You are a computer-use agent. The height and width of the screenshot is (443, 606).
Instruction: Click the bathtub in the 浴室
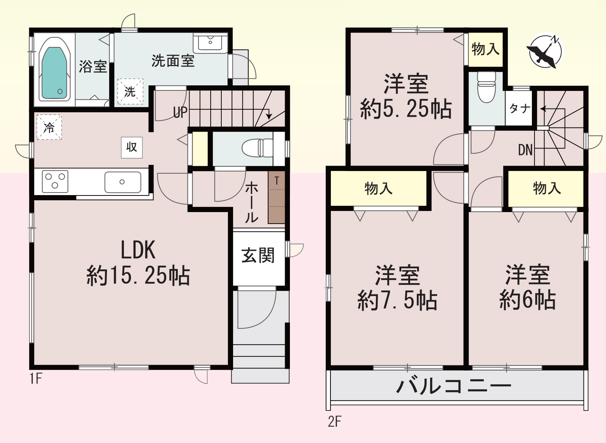point(55,73)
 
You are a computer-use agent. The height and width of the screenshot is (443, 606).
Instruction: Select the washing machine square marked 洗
point(130,91)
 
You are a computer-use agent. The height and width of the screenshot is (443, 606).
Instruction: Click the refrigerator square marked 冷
point(49,127)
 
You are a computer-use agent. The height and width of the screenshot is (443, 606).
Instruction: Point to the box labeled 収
point(132,147)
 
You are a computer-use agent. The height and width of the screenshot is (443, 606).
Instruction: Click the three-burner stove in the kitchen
point(55,181)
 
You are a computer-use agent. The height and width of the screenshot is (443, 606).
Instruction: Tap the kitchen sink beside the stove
point(122,182)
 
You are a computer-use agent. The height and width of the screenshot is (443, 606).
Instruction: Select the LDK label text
point(138,250)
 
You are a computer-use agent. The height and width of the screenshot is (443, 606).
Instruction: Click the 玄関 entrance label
point(258,255)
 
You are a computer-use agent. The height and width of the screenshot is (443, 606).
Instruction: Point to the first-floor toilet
point(257,148)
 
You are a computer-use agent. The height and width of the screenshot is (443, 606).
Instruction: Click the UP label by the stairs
point(180,112)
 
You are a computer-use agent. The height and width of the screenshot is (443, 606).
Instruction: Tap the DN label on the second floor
point(525,150)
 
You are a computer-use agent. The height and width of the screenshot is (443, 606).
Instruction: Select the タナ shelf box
point(519,108)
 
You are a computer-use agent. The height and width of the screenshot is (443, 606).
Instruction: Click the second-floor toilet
point(486,87)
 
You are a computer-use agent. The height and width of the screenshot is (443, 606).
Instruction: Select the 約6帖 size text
point(527,300)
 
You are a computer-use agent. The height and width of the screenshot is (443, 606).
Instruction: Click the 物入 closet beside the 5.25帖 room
point(485,49)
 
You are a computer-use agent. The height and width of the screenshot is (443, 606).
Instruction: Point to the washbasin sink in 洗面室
point(210,42)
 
